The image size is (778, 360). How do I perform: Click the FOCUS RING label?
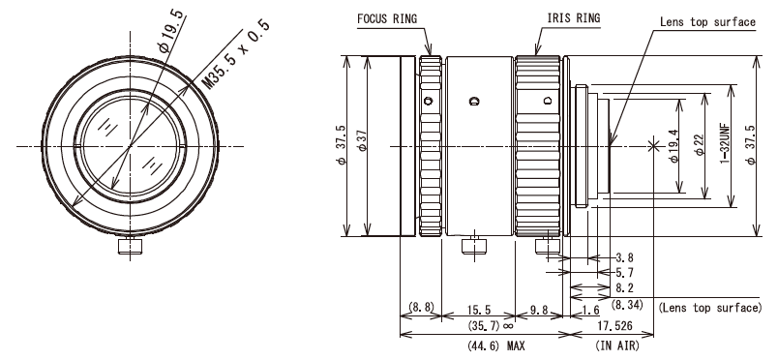[x=387, y=18]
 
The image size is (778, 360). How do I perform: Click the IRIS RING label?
[x=574, y=18]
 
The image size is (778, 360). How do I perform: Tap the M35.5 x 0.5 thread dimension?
[x=237, y=54]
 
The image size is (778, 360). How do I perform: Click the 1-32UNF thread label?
[x=725, y=146]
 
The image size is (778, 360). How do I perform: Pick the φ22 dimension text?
[x=700, y=145]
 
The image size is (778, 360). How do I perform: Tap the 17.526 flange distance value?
[x=615, y=326]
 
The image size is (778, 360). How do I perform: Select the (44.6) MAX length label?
[x=495, y=345]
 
